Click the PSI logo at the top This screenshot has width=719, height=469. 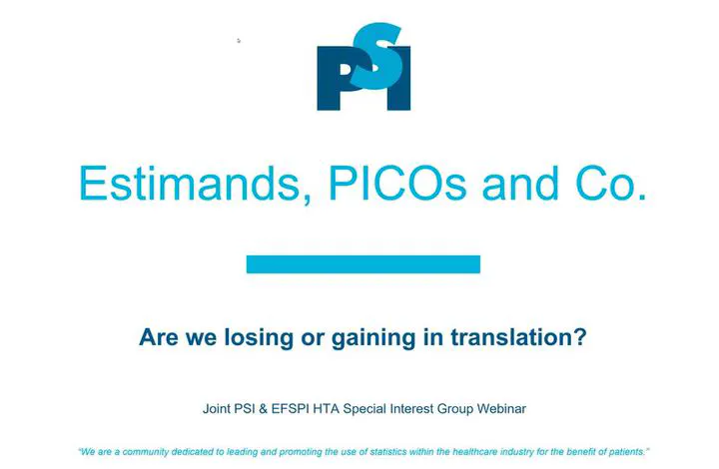[363, 67]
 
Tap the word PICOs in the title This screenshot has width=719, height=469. [397, 184]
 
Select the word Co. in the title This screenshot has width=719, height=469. [611, 184]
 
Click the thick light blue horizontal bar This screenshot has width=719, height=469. [363, 264]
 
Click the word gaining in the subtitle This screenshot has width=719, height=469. [373, 337]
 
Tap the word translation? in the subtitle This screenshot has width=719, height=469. [518, 337]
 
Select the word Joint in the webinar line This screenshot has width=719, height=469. [217, 408]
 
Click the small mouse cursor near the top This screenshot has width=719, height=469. [239, 41]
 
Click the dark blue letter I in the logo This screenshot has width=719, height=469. [398, 78]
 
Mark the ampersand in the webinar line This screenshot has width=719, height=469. [263, 408]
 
